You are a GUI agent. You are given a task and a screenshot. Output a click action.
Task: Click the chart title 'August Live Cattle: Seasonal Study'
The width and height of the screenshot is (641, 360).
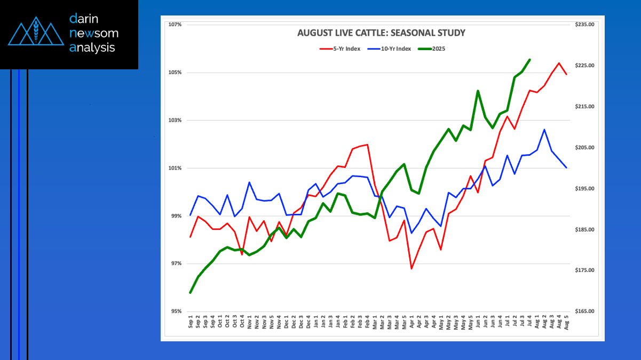click(x=381, y=33)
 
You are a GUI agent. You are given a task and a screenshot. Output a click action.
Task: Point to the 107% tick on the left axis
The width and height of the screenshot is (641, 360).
click(x=175, y=25)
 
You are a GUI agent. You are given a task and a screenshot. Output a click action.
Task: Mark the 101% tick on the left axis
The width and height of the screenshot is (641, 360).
click(x=175, y=168)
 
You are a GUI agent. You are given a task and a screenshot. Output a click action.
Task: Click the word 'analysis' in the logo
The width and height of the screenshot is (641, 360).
click(x=92, y=47)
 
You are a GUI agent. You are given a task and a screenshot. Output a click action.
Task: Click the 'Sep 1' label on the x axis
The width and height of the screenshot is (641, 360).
click(x=191, y=323)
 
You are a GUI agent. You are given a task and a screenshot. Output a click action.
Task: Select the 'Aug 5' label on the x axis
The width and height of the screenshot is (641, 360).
click(x=566, y=323)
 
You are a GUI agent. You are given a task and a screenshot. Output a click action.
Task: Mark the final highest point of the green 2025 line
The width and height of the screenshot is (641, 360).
click(x=529, y=60)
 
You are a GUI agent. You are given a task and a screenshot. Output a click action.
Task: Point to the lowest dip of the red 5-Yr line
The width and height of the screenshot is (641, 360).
click(x=411, y=268)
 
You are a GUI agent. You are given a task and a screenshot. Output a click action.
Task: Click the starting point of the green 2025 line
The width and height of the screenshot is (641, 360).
click(x=191, y=292)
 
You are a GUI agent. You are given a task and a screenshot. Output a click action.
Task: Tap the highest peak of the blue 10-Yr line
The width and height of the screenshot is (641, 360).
click(x=544, y=130)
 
